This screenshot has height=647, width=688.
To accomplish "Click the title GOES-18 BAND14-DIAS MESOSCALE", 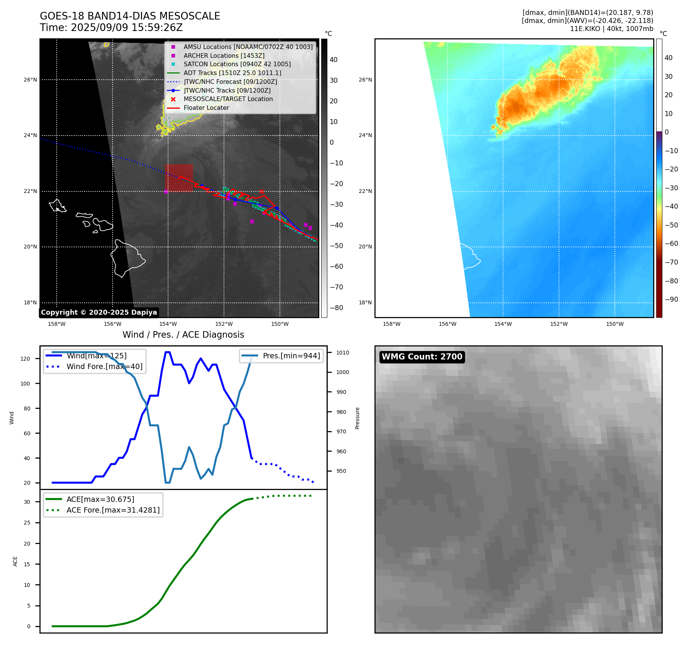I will [x=130, y=16].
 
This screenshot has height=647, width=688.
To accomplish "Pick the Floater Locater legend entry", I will [x=206, y=108].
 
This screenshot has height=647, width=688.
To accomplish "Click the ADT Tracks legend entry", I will [x=232, y=73].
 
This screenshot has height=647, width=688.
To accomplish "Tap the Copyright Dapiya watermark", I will [x=99, y=312].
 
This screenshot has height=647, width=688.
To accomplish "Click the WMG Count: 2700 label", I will [x=422, y=357].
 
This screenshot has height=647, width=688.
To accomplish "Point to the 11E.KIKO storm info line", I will [x=611, y=29].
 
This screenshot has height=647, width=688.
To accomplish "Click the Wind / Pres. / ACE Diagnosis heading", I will [x=183, y=335].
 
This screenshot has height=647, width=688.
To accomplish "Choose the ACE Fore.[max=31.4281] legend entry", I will [x=113, y=510].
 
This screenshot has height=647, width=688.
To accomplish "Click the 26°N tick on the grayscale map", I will [x=30, y=80].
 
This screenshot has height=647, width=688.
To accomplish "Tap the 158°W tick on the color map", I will [x=391, y=324].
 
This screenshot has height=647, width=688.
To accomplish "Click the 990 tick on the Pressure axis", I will [x=341, y=392].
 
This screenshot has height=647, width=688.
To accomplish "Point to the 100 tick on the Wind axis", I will [x=25, y=384].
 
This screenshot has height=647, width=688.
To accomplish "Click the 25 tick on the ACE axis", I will [x=27, y=523].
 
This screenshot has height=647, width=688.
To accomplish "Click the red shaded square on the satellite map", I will [x=179, y=178].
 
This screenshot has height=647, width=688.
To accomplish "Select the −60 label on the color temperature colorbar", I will [x=671, y=243].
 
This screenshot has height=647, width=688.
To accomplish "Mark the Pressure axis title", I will [x=357, y=418].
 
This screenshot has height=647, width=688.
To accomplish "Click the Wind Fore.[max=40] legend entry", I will [x=104, y=366].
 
